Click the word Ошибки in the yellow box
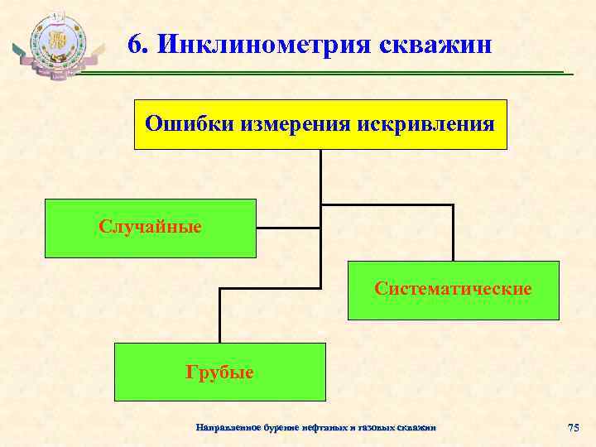189,123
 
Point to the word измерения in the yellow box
295,123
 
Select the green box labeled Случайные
151,226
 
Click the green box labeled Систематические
453,290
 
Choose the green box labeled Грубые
219,372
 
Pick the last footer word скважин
417,427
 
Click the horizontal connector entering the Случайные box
288,227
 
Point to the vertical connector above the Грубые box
219,315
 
